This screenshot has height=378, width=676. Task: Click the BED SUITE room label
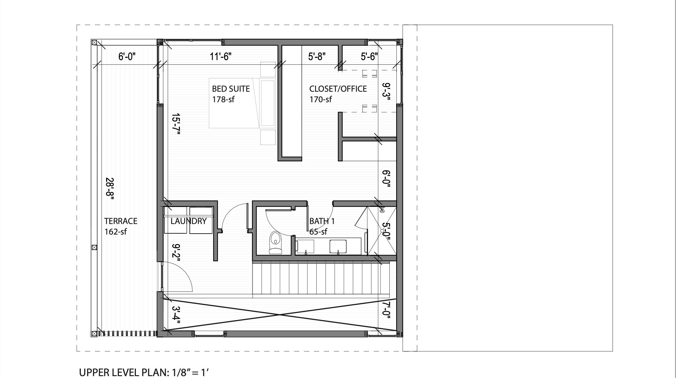[x=231, y=89]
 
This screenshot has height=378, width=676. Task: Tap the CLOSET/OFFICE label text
[x=338, y=89]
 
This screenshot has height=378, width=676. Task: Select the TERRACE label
[x=120, y=221]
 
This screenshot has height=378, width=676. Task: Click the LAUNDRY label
[x=188, y=221]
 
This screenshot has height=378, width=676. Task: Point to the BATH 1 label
[x=322, y=221]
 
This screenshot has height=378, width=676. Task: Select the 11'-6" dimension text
[x=220, y=57]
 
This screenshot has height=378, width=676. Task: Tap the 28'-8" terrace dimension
[x=110, y=189]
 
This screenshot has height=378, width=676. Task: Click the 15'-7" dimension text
[x=175, y=124]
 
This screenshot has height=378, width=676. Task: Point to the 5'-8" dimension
[x=317, y=57]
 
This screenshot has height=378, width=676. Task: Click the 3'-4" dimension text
[x=175, y=315]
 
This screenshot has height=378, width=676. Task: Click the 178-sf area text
[x=223, y=99]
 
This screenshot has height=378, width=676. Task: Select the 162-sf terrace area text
[x=115, y=232]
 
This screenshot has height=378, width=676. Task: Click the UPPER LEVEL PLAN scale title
[x=144, y=372]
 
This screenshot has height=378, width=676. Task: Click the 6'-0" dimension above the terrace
[x=127, y=57]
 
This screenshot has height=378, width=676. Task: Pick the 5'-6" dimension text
[x=369, y=57]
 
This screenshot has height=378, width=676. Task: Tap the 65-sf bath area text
[x=318, y=232]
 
